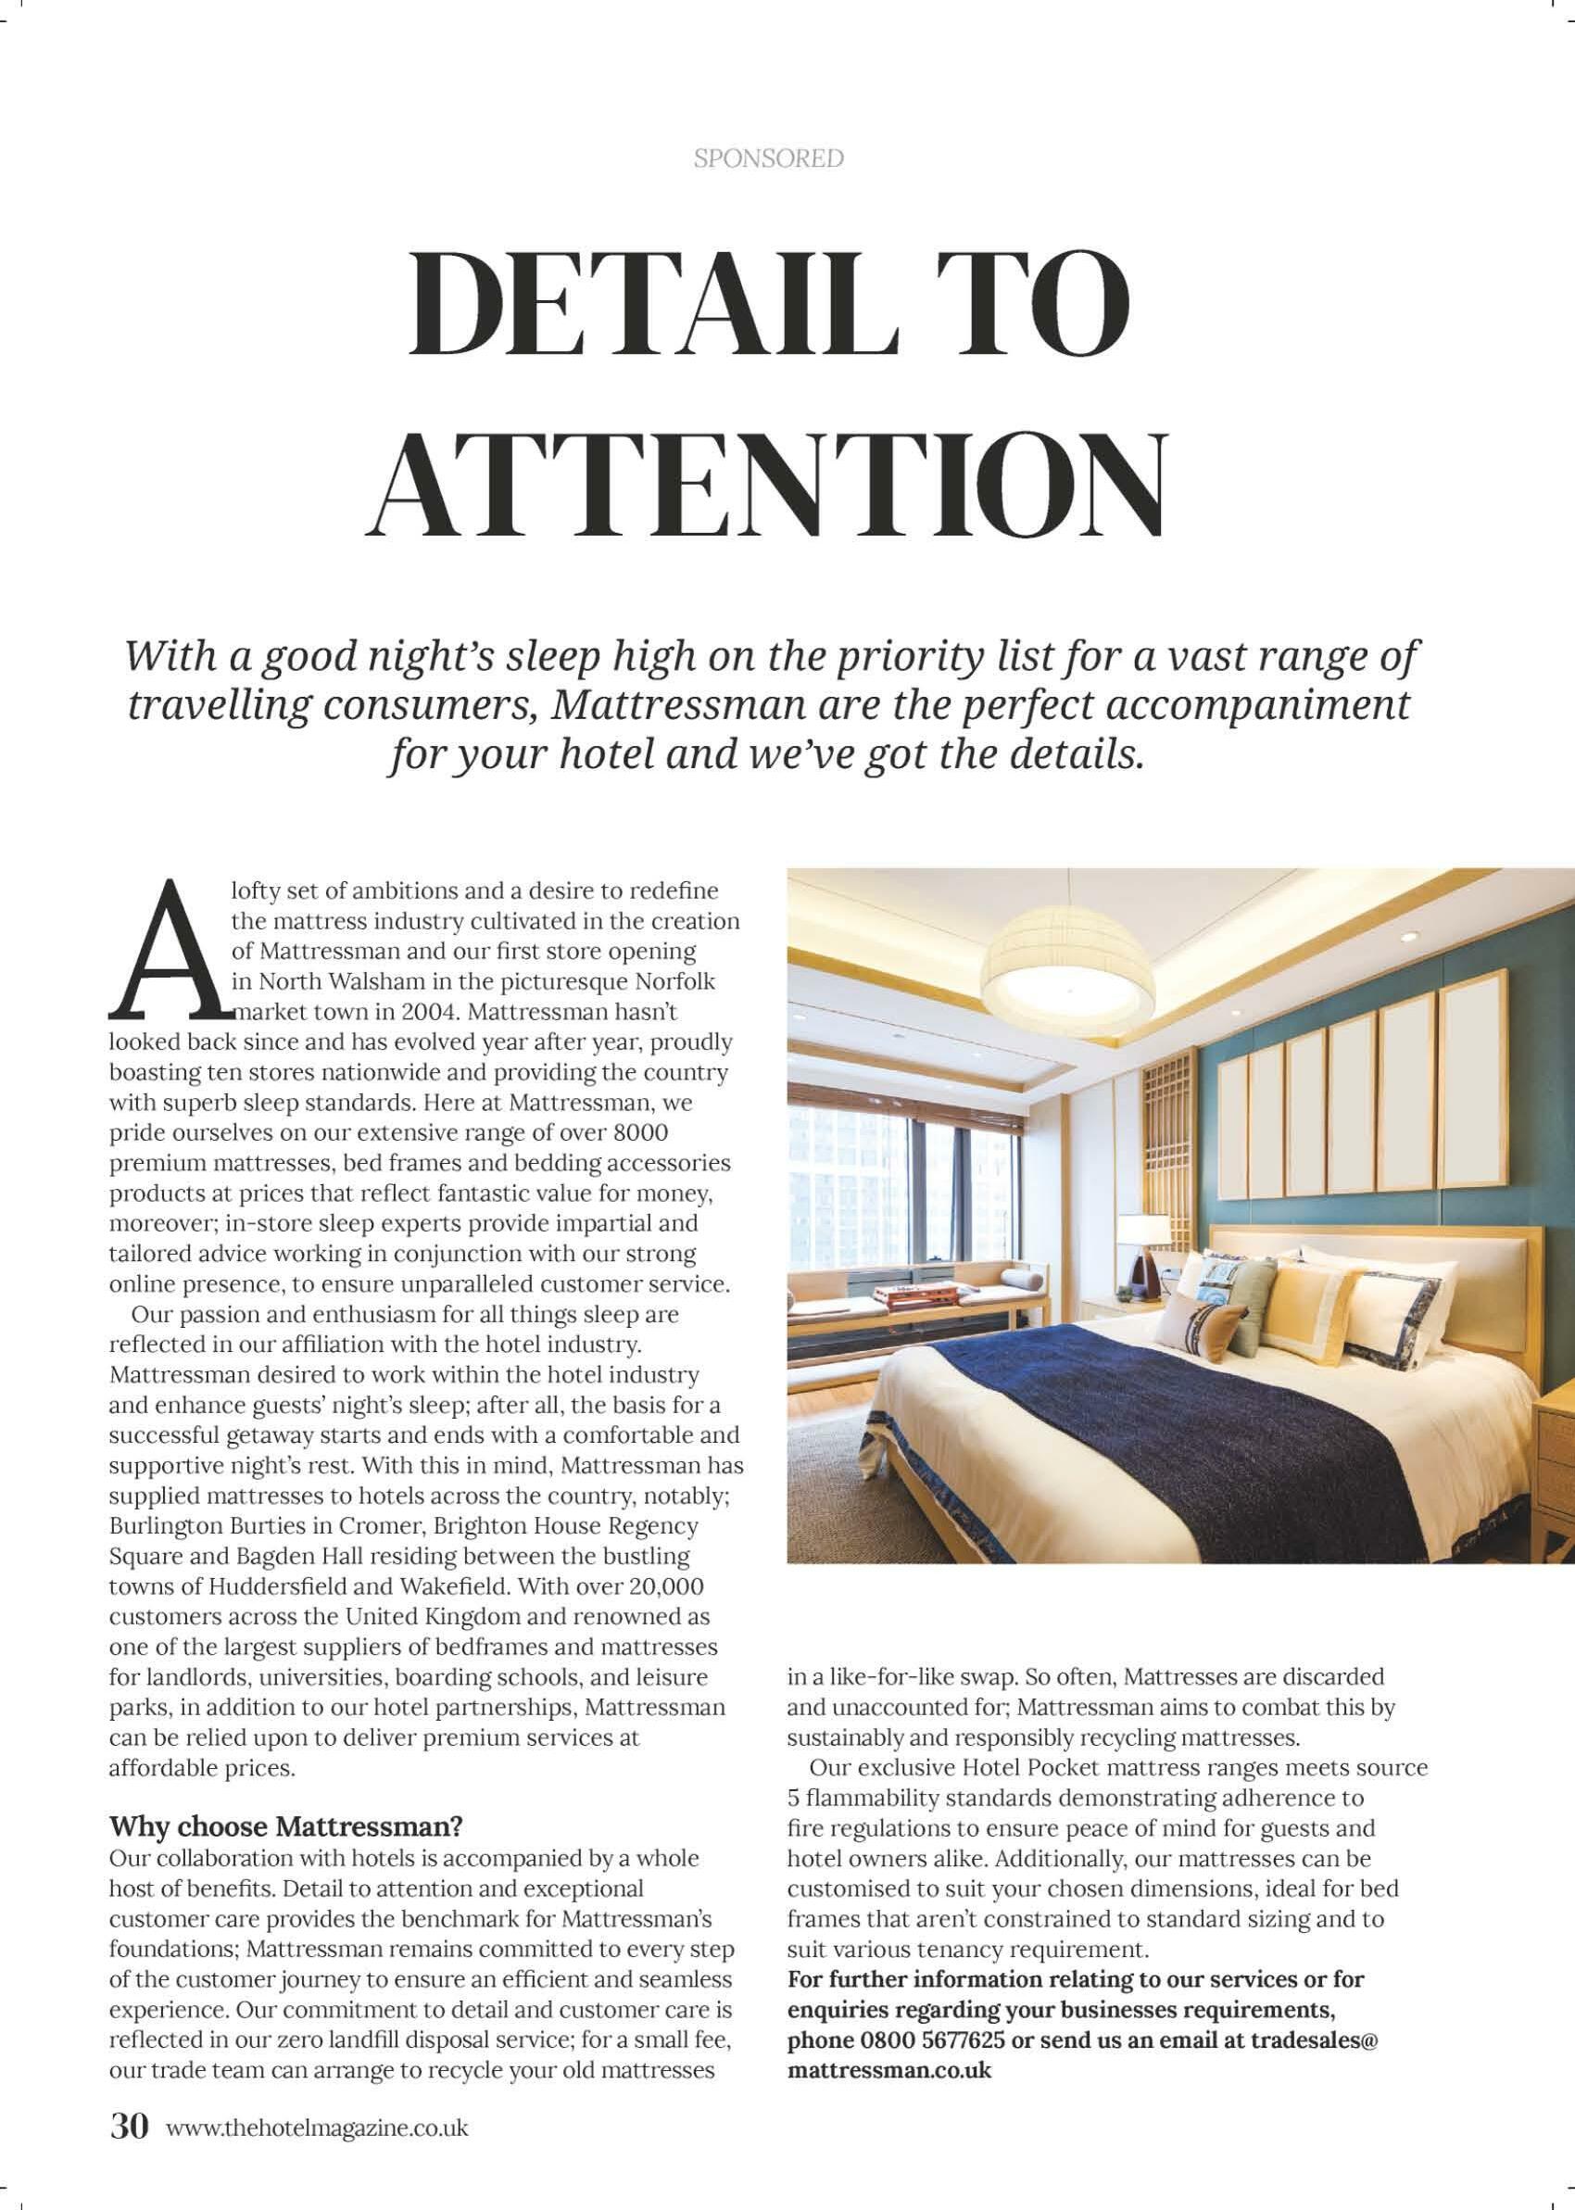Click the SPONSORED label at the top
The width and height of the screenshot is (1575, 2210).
768,158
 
